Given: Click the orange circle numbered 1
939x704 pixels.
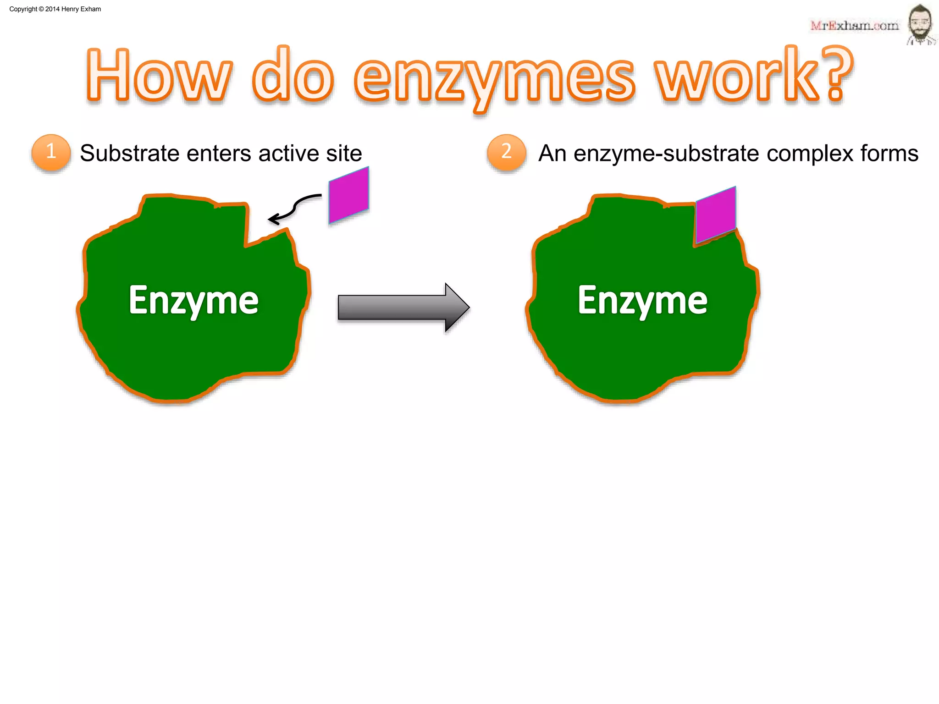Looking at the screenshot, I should pos(51,152).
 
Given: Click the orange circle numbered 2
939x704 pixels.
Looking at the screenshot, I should pos(506,152).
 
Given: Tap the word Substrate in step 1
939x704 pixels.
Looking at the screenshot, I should pos(129,153).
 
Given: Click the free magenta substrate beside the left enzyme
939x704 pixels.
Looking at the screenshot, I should pos(349,195).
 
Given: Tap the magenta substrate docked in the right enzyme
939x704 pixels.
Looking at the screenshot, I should pos(716,214).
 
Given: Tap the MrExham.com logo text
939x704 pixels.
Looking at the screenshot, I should pos(854,26).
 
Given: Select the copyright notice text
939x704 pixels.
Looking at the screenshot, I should pos(55,9).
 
